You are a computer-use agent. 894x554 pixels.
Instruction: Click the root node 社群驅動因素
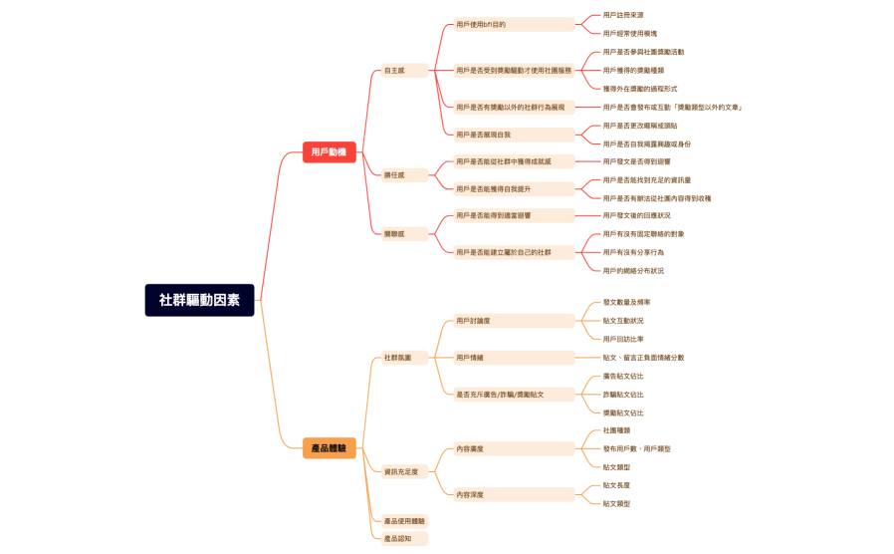(199, 300)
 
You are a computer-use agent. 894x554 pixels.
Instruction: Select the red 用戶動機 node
(329, 152)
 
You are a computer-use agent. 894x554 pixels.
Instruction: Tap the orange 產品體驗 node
(329, 448)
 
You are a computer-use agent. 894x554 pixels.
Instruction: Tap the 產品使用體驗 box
(404, 521)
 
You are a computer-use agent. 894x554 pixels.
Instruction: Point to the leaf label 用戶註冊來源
(623, 15)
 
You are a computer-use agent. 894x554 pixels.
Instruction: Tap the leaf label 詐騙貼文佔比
(623, 395)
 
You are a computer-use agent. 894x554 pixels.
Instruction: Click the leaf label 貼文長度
(616, 485)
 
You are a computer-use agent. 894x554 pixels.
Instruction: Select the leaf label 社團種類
(616, 430)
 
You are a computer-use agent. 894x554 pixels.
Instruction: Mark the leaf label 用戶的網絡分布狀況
(633, 271)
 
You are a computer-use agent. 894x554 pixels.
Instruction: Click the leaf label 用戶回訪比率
(623, 339)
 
